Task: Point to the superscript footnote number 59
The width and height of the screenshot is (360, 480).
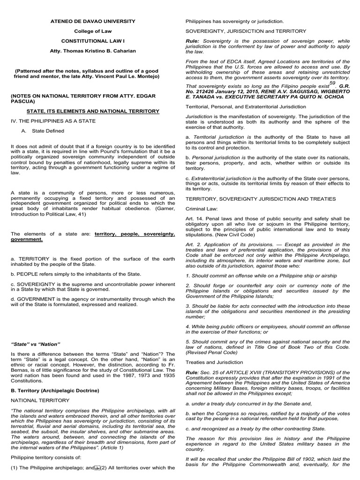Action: tap(332, 82)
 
